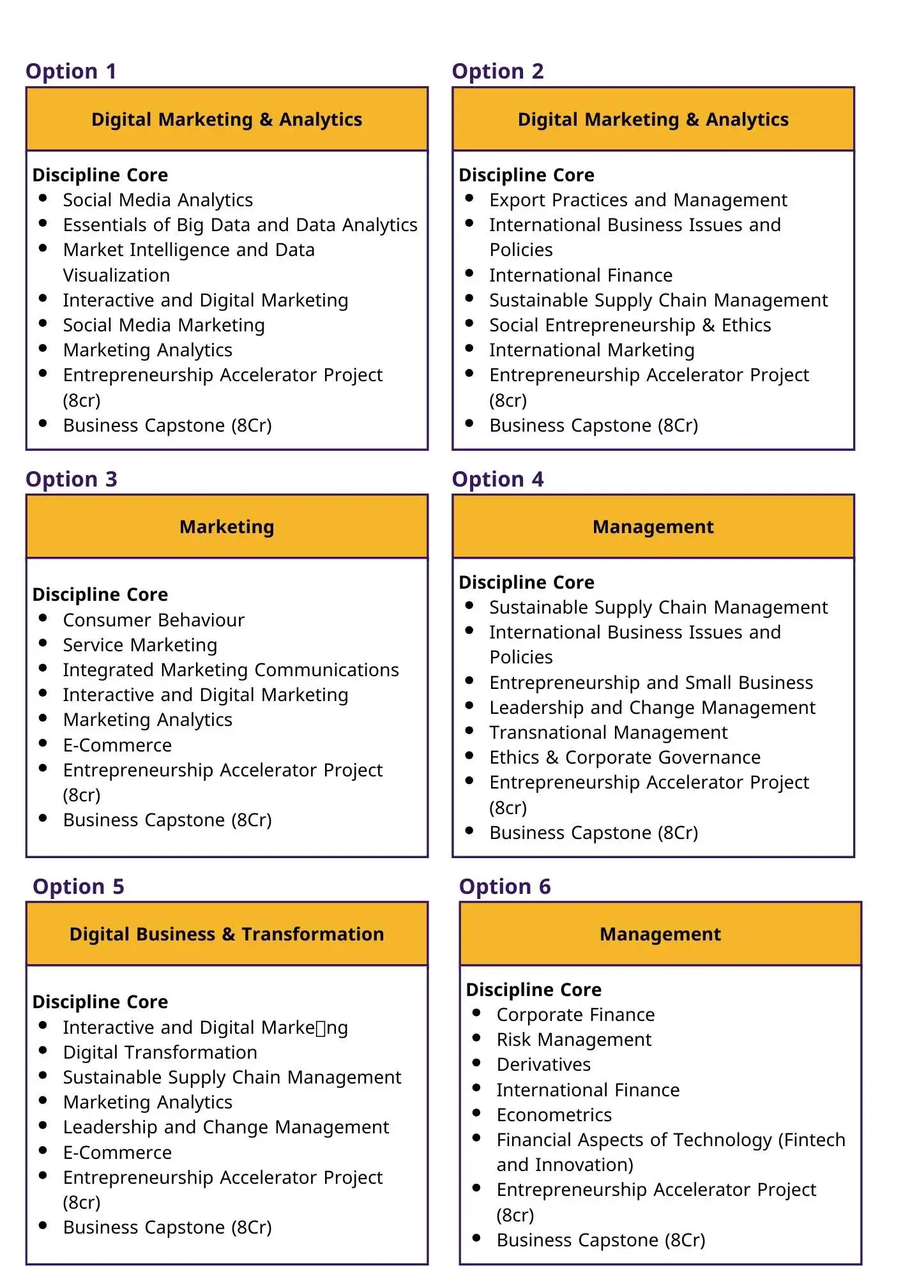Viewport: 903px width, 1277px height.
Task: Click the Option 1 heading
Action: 71,72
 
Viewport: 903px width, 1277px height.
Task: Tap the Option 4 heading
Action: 497,480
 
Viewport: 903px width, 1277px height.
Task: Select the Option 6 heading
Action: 505,887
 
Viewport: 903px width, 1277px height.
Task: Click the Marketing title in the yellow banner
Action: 227,527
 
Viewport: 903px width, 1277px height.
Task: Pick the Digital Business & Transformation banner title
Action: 227,934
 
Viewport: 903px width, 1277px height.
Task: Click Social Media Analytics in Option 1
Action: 158,200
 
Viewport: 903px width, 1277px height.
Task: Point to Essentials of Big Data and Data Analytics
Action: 240,225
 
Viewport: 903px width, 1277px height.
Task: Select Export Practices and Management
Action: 638,200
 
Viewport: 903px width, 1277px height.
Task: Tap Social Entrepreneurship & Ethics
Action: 630,326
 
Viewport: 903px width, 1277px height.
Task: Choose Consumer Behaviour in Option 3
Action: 153,620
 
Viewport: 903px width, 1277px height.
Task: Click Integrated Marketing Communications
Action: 231,670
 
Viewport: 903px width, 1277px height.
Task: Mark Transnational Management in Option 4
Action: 608,732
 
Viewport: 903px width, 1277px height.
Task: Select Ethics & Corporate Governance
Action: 625,757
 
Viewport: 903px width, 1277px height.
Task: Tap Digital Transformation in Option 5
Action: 160,1052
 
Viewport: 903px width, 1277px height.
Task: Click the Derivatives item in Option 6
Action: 543,1064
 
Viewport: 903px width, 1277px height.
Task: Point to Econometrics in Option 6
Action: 554,1115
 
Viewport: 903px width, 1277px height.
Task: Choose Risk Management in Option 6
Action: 573,1039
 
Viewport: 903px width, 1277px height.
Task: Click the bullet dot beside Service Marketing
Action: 43,643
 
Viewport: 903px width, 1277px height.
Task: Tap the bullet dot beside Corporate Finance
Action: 476,1013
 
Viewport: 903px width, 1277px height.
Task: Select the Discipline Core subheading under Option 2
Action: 526,175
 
